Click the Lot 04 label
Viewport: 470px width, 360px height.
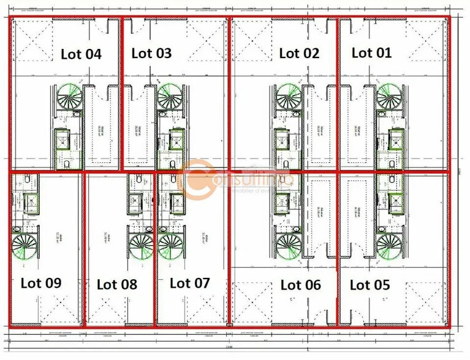click(x=81, y=54)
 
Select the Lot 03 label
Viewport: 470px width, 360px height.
click(x=151, y=53)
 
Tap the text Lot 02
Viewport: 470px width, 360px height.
click(x=299, y=53)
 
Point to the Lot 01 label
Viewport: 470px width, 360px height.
click(x=371, y=53)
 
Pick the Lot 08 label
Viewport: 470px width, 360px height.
click(x=116, y=284)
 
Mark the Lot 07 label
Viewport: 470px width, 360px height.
click(x=189, y=283)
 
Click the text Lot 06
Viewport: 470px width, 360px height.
click(x=300, y=285)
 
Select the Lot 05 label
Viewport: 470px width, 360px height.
click(x=370, y=285)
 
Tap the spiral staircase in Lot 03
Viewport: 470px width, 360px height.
click(x=169, y=96)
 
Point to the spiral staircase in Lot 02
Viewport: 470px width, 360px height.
click(x=287, y=96)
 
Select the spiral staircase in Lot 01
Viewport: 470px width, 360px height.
click(x=389, y=96)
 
